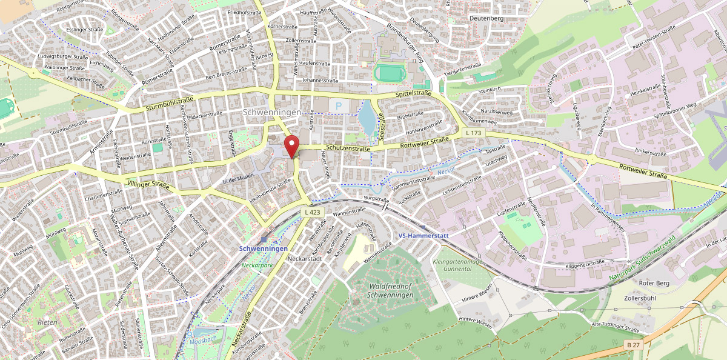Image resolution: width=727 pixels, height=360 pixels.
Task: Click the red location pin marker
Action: [293, 146]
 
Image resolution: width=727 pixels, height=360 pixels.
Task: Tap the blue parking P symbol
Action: [339, 107]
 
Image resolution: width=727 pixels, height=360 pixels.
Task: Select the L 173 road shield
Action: [474, 132]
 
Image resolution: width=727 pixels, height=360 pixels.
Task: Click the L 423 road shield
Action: [312, 212]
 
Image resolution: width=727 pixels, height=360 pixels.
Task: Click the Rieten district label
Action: [46, 322]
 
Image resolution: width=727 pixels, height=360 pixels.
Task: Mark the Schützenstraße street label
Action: [348, 148]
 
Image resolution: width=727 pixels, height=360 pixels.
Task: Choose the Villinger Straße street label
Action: [148, 183]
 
